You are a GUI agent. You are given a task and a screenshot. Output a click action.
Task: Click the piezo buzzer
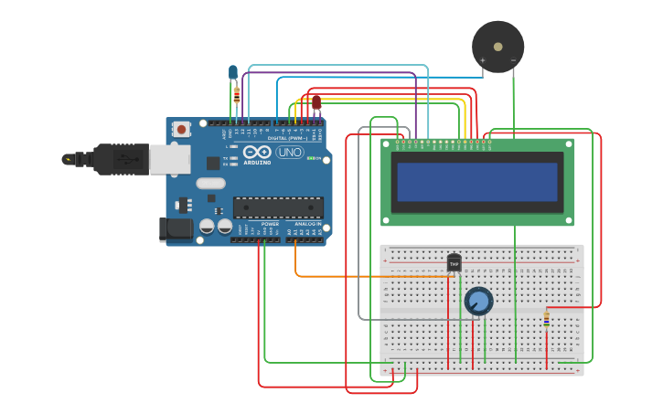coord(498,47)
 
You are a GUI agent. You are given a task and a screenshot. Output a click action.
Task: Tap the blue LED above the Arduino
coord(233,71)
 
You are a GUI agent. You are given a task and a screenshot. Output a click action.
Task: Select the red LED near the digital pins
coord(316,101)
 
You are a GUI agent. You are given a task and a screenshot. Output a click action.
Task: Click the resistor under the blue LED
coord(237,93)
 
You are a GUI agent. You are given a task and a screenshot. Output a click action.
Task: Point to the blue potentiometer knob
coord(478,301)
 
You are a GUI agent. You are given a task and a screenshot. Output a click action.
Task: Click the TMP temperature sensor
coord(454,263)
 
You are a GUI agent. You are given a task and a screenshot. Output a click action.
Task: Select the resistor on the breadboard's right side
coord(547,318)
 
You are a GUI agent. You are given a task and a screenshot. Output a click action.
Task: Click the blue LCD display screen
coord(477,182)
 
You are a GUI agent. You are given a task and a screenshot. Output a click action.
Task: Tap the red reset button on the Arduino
coord(181,129)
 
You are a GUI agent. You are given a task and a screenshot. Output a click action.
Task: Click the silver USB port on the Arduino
coord(168,159)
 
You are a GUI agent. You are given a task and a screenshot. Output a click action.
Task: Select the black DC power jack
coord(176,229)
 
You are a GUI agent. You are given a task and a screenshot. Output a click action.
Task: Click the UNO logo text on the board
coord(290,152)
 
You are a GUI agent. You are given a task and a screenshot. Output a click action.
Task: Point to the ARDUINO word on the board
coord(257,163)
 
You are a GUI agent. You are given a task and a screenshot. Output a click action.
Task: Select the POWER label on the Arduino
coord(270,223)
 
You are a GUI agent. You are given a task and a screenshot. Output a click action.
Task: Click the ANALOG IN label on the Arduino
coord(307,223)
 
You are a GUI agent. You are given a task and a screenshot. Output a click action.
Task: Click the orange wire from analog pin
coord(366,275)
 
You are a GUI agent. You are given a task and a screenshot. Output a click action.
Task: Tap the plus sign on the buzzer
coord(483,61)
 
